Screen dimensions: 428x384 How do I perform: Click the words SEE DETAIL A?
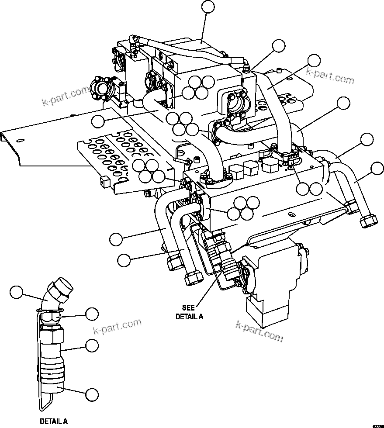point(189,312)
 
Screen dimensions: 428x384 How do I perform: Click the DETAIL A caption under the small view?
point(54,421)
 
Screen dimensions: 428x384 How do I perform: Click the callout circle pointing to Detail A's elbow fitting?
point(17,292)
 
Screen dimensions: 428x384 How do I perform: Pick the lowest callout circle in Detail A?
point(92,394)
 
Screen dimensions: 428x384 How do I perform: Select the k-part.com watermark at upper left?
point(65,96)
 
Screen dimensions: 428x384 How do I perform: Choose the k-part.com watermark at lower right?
point(259,331)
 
